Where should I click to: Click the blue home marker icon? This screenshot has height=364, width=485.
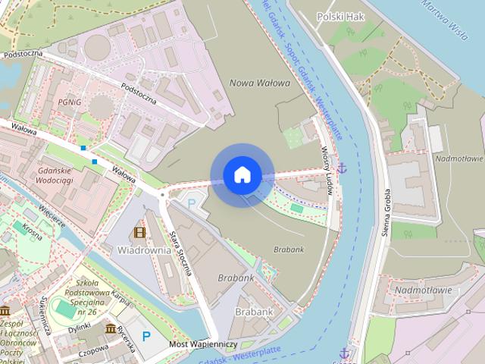tap(242, 175)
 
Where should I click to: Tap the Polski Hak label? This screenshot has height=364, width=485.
tap(340, 16)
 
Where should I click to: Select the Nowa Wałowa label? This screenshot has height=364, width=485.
tap(259, 83)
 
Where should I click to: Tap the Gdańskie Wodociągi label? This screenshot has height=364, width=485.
tap(64, 176)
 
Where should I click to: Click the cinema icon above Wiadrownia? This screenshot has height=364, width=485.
tap(139, 232)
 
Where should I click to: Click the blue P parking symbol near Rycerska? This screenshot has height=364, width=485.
tap(145, 336)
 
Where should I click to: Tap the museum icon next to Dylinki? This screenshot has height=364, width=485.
tap(111, 328)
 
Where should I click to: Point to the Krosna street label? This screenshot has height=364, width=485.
tap(32, 231)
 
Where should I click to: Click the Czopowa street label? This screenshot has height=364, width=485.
tap(93, 350)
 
